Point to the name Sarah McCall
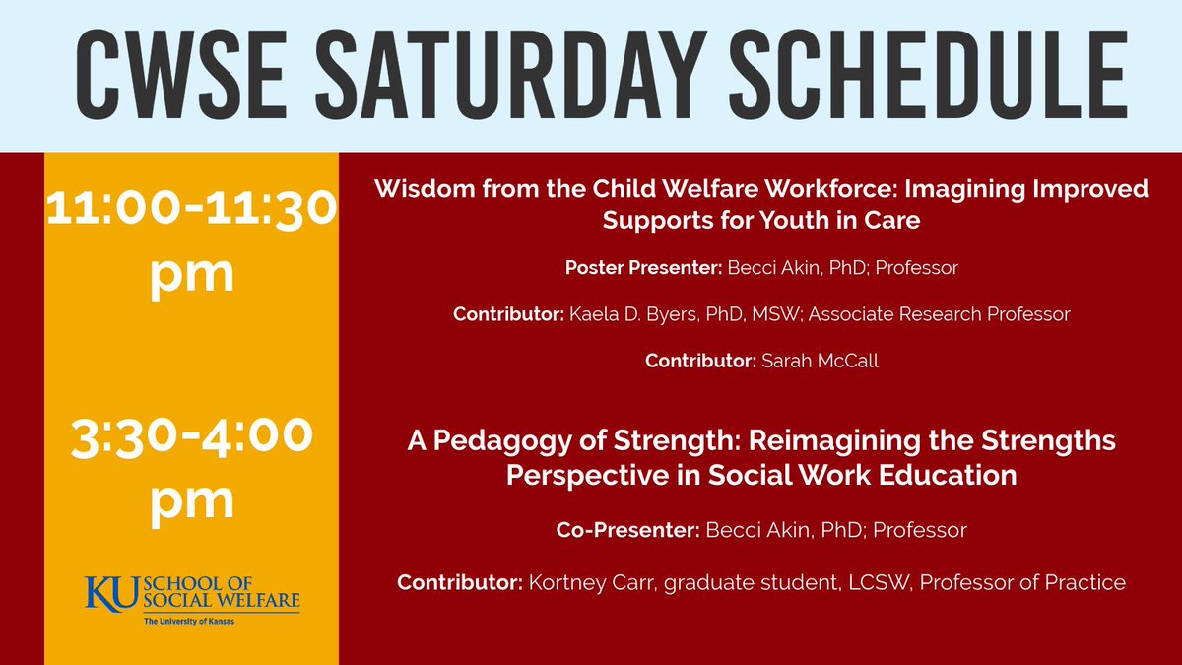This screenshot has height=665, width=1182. (820, 362)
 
